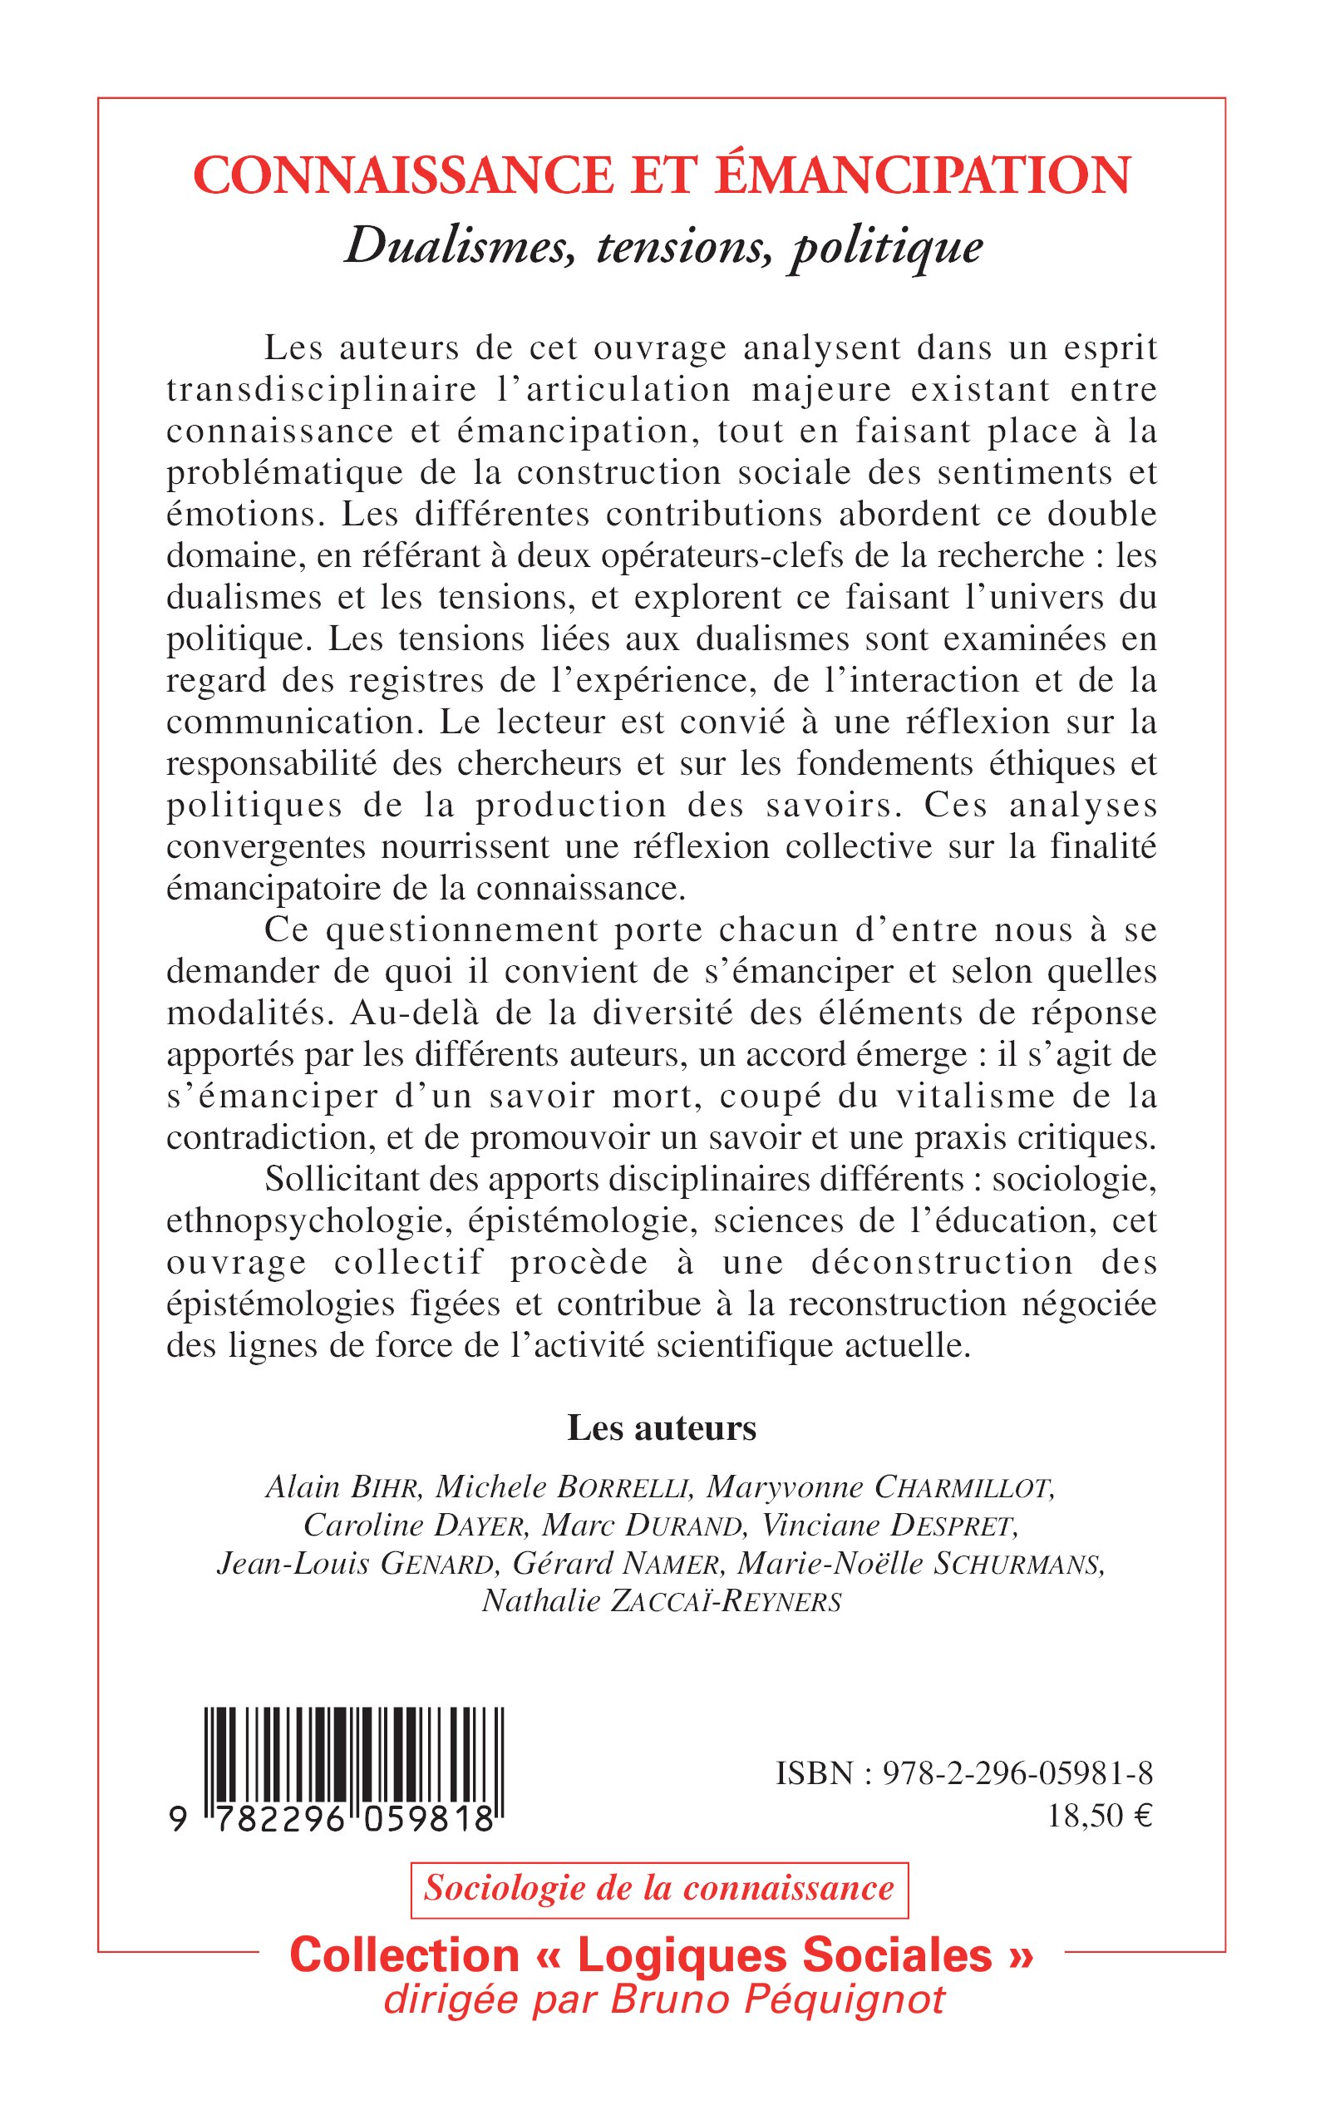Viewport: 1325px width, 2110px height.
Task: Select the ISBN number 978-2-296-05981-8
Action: tap(1017, 1773)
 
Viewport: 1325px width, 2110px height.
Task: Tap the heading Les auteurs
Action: tap(662, 1428)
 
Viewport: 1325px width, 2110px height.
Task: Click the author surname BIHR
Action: tap(386, 1487)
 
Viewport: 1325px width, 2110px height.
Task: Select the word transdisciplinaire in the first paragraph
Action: tap(322, 389)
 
